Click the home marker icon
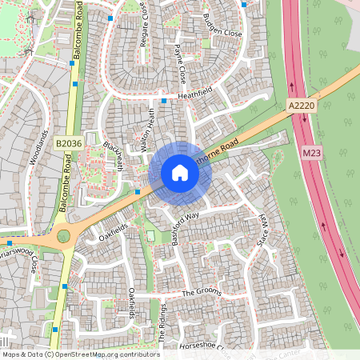[180, 173]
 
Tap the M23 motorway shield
[311, 151]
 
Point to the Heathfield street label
[197, 94]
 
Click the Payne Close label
[180, 65]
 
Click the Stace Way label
[260, 230]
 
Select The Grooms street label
[200, 293]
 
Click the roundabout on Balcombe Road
[62, 238]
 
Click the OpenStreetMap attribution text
[80, 354]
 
